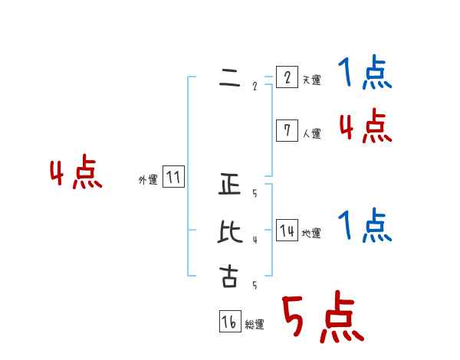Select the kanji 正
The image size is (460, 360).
click(x=229, y=185)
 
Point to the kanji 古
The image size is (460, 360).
click(x=229, y=277)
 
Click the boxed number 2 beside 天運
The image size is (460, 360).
click(x=286, y=77)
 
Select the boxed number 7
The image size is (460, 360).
click(x=286, y=131)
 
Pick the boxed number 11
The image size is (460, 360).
click(x=173, y=178)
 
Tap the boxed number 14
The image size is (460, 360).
click(x=286, y=231)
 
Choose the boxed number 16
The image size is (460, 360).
click(x=229, y=322)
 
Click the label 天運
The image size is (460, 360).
click(x=311, y=80)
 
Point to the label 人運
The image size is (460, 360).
click(x=311, y=133)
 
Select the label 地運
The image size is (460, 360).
click(x=311, y=233)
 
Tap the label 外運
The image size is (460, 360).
click(x=148, y=180)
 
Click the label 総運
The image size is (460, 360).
click(x=255, y=325)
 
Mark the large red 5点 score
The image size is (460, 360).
click(x=322, y=317)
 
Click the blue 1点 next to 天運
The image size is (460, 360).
click(x=365, y=74)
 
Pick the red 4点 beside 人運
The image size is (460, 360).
click(x=365, y=126)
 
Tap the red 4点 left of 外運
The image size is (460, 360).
click(x=76, y=174)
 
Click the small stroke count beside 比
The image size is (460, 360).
click(x=255, y=240)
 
